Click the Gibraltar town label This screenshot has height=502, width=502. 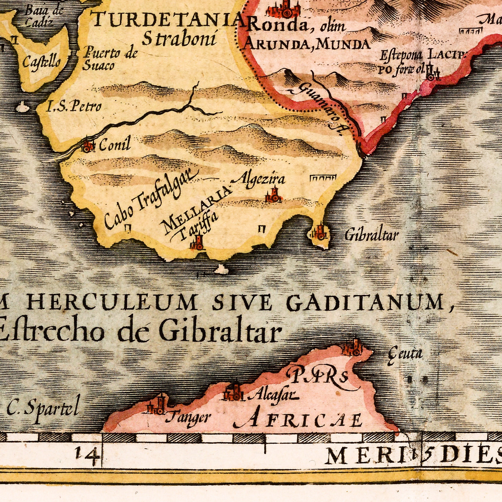coord(371,235)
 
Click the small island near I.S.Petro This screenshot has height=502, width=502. coord(24,106)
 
